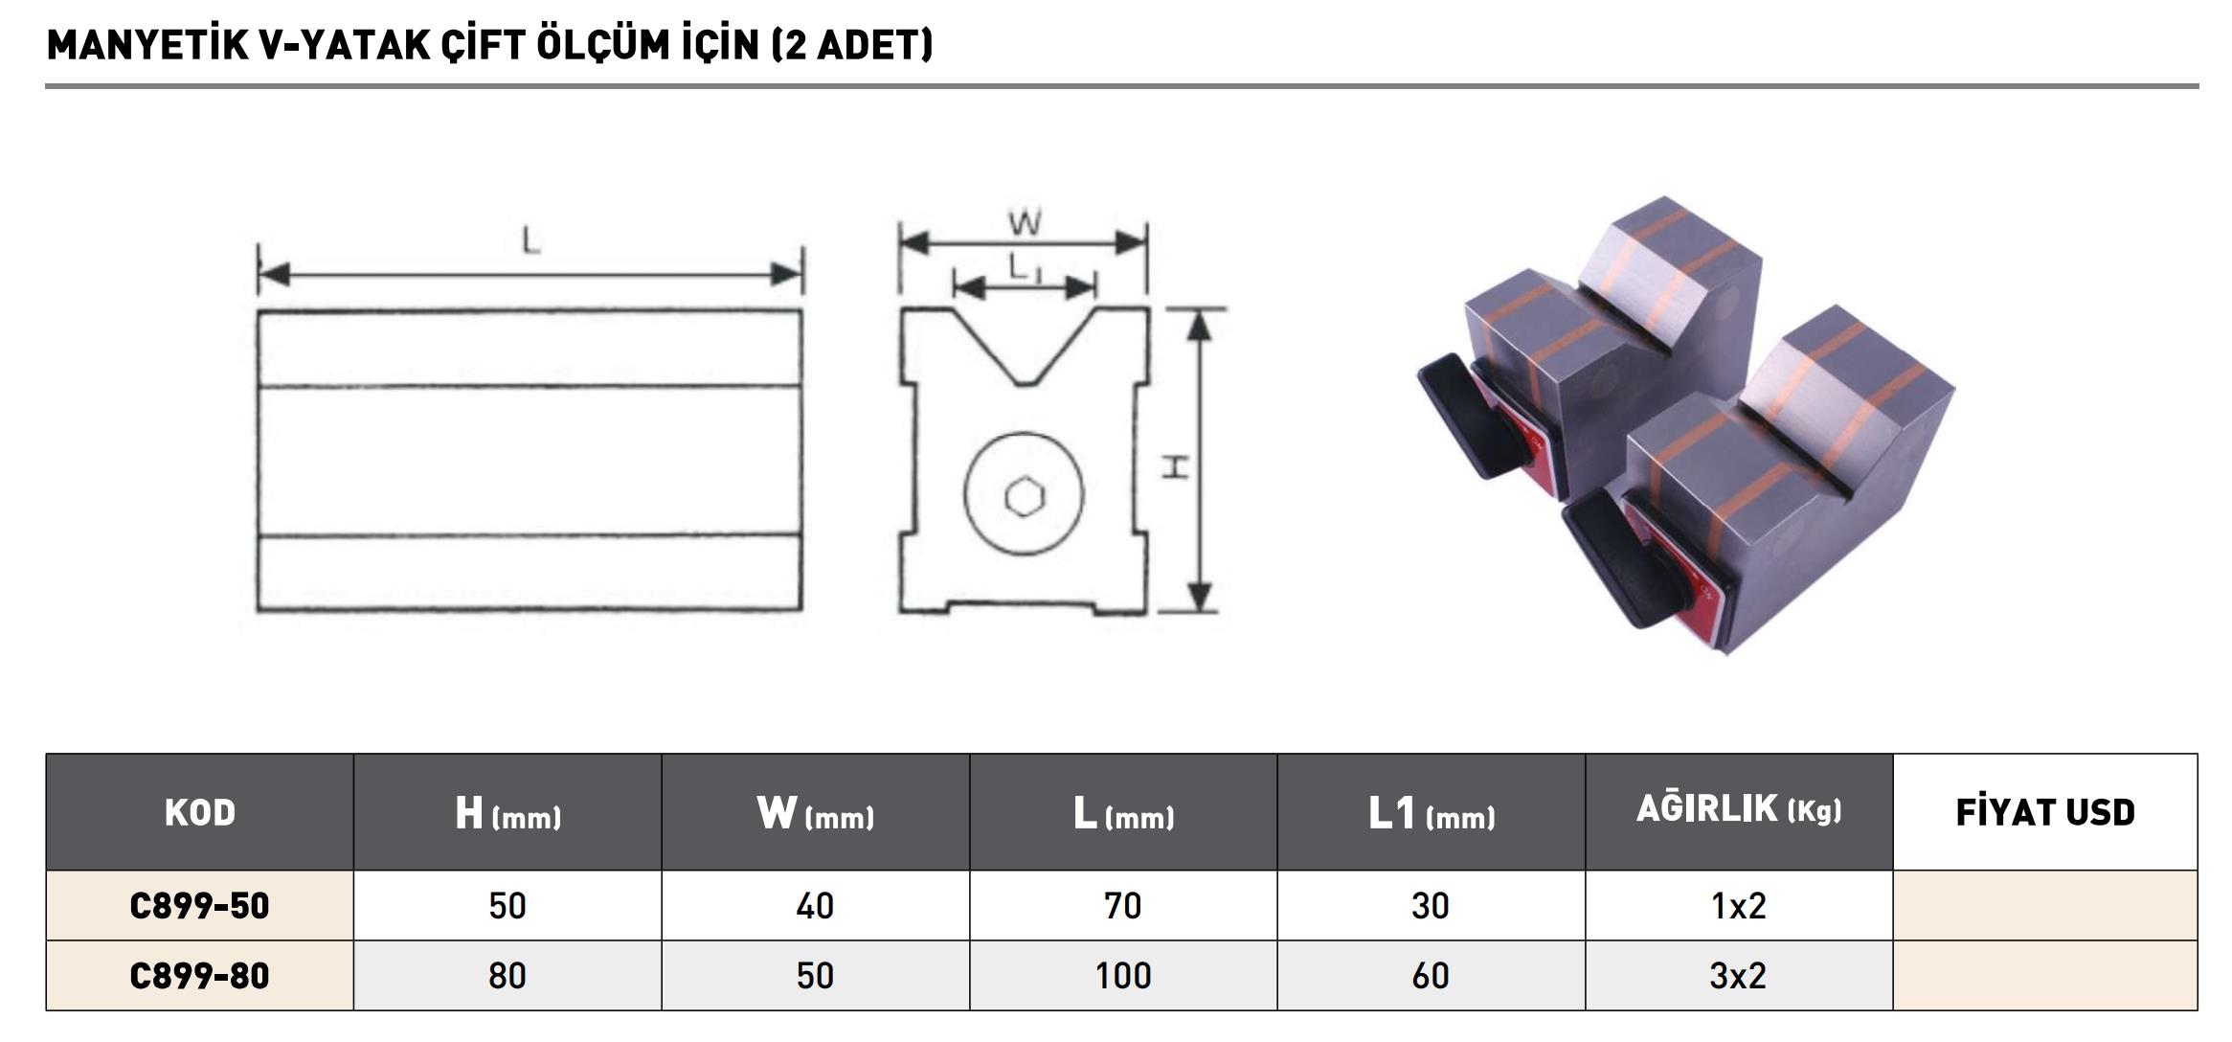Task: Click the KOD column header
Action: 199,812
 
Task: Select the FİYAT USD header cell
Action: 2045,812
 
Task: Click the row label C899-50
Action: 199,906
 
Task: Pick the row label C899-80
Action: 199,976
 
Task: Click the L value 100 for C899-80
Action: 1123,976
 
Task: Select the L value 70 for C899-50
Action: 1123,906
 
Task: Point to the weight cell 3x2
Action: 1738,976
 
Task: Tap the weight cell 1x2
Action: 1738,906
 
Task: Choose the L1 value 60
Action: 1431,976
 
